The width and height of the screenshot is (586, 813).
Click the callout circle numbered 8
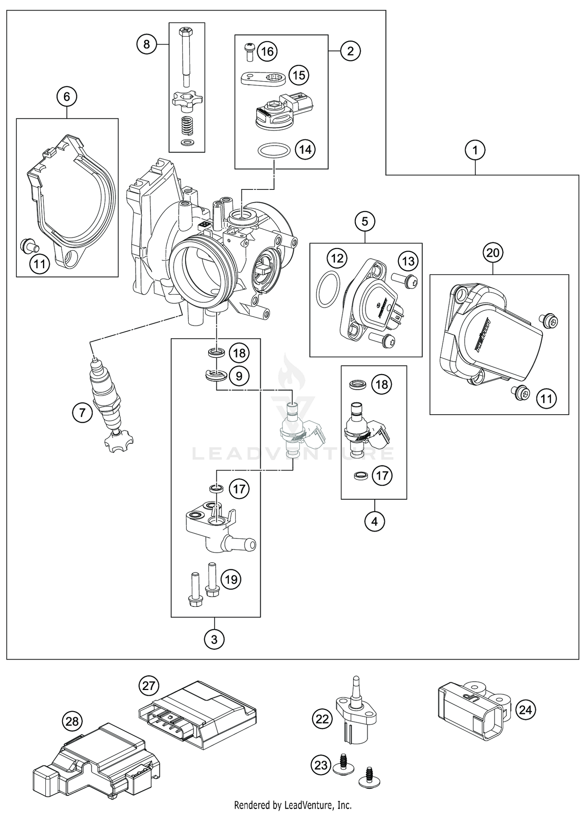(146, 44)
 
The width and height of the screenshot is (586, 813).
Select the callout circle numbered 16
(267, 51)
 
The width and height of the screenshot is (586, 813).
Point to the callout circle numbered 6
(67, 96)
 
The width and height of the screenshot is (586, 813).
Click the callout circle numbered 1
(475, 150)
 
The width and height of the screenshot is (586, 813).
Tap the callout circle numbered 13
(408, 261)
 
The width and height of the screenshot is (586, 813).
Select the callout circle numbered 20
(493, 253)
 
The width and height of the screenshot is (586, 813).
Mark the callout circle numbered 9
(239, 376)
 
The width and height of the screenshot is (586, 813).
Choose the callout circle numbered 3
(214, 640)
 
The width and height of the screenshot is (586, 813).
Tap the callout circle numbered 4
(375, 521)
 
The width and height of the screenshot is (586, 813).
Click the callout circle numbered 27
(149, 685)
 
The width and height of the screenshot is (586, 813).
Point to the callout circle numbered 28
(72, 721)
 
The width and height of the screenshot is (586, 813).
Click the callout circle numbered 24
(525, 710)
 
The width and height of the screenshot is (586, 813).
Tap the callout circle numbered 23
(321, 765)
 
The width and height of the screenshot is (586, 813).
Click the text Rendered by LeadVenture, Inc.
(293, 805)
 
